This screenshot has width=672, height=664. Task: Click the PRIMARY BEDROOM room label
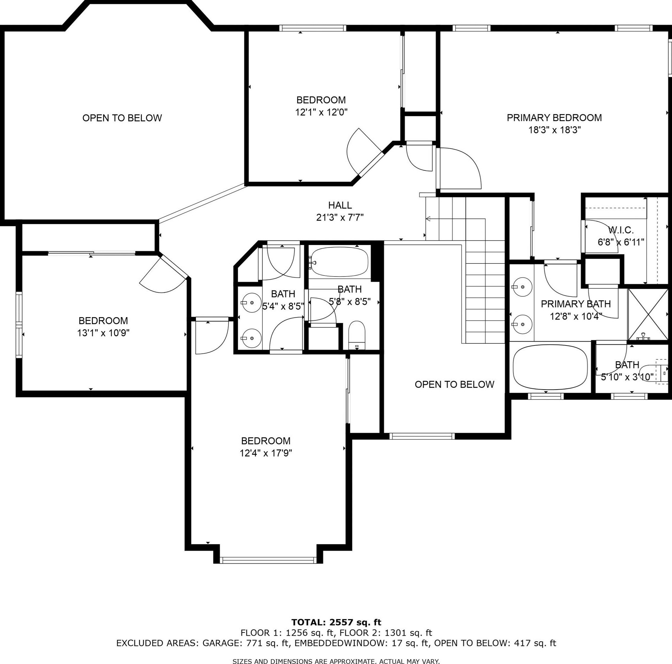click(x=554, y=118)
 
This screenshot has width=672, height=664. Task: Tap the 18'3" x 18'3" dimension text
click(x=554, y=130)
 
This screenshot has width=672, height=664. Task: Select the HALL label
click(x=340, y=205)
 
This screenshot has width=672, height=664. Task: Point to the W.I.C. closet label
click(x=621, y=230)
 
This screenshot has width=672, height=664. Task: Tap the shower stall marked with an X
click(x=648, y=314)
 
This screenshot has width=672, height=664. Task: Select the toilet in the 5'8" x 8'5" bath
click(x=357, y=335)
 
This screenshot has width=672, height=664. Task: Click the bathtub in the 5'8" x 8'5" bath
click(x=340, y=262)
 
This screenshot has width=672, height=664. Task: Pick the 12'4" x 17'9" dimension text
click(x=266, y=453)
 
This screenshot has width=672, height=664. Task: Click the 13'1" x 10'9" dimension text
click(x=103, y=333)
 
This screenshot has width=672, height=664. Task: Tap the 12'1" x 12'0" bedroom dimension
click(x=321, y=112)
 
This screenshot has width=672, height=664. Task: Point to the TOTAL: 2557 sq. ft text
click(x=336, y=622)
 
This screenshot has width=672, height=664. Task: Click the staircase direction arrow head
click(x=428, y=219)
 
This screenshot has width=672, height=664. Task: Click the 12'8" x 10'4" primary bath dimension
click(x=576, y=316)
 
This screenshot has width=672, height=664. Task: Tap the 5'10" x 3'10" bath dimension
click(x=627, y=377)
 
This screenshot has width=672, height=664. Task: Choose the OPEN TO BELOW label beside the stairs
click(x=454, y=384)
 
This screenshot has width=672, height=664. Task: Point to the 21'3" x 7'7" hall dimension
click(x=340, y=218)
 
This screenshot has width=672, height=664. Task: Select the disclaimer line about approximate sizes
click(x=336, y=661)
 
